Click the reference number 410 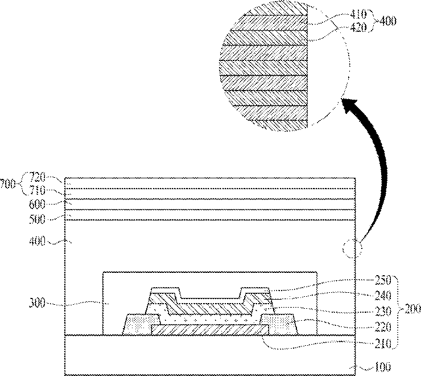click(358, 14)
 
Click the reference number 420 click(359, 27)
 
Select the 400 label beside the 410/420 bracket click(388, 21)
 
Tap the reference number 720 click(38, 177)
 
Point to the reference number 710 click(38, 190)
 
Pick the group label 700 click(7, 184)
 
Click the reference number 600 click(37, 205)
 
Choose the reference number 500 click(37, 219)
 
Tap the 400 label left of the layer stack click(37, 241)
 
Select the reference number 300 click(37, 304)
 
